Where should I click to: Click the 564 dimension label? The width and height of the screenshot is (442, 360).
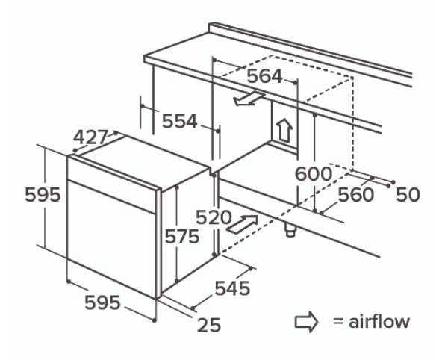click(x=264, y=76)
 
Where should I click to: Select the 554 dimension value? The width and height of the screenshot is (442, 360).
click(x=179, y=122)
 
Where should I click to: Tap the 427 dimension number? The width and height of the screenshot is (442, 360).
click(x=90, y=137)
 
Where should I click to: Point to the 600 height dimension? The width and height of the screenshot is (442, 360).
click(x=313, y=174)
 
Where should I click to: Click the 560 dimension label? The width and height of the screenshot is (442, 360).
click(x=356, y=195)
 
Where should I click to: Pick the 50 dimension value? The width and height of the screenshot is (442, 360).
click(x=408, y=195)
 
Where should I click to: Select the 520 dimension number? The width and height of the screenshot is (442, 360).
click(x=214, y=217)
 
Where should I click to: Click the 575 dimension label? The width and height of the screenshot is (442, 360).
click(x=182, y=236)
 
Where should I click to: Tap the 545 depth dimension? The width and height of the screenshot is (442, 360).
click(x=232, y=288)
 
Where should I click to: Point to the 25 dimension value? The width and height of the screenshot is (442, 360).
click(x=209, y=325)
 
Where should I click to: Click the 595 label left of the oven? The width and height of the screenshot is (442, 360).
click(x=43, y=195)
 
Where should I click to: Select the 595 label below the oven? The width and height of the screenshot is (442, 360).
click(x=102, y=302)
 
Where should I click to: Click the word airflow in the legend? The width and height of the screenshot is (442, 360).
click(x=379, y=321)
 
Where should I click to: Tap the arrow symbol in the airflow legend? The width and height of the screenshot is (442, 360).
click(x=306, y=322)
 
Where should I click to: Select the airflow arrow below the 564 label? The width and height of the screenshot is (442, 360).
click(x=250, y=99)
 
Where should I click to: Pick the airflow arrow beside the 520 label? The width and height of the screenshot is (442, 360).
click(x=243, y=224)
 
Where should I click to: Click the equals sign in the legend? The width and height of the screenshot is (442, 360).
click(x=338, y=322)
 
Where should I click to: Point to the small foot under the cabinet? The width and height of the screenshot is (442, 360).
click(x=290, y=230)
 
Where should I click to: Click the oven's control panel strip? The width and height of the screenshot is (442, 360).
click(x=112, y=183)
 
